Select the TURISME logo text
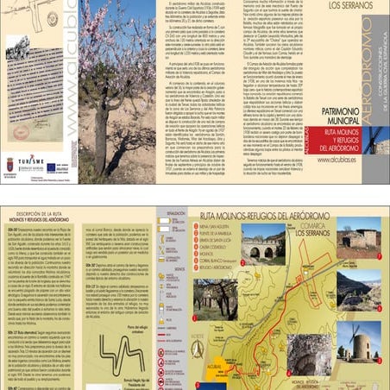(x=31, y=160)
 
